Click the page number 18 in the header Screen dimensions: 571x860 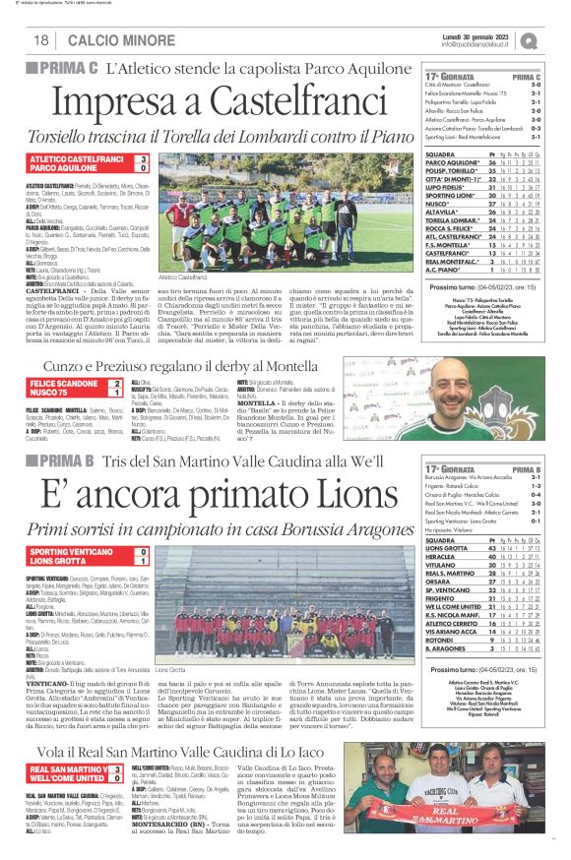click(41, 39)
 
